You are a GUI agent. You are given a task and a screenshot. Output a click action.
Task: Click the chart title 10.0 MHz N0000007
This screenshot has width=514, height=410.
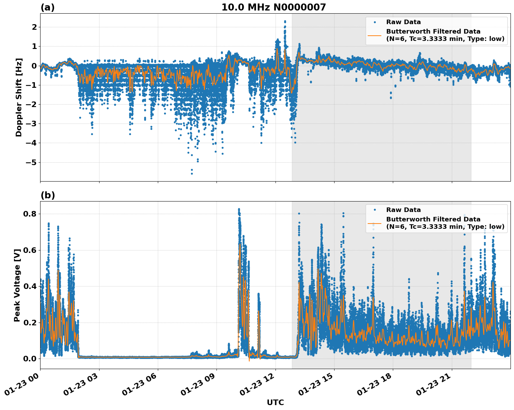click(273, 7)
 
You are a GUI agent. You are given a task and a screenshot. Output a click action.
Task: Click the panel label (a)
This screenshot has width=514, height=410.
click(47, 7)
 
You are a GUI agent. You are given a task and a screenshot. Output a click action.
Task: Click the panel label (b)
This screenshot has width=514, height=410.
click(47, 195)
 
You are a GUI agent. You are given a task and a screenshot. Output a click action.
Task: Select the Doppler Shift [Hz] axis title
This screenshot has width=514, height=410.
click(19, 97)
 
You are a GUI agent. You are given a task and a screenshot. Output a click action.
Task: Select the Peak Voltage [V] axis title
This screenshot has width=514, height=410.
click(17, 285)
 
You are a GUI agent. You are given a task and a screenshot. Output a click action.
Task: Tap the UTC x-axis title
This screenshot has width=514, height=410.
click(275, 402)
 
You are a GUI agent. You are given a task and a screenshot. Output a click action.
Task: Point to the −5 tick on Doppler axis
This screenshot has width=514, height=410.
click(32, 162)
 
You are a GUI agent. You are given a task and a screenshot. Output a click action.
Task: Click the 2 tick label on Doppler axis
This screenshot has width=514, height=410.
click(34, 27)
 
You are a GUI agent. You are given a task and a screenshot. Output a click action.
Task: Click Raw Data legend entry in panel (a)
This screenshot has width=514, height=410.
click(403, 22)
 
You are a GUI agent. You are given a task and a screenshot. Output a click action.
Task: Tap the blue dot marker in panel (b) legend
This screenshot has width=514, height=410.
click(375, 210)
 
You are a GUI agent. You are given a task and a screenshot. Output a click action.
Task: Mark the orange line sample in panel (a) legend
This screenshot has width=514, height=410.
click(375, 35)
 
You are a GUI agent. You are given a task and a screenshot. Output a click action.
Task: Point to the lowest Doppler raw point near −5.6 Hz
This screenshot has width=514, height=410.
click(192, 174)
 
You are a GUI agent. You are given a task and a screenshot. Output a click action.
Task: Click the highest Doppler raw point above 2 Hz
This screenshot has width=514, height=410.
click(285, 21)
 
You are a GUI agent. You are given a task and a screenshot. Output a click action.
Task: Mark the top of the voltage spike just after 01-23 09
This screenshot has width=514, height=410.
click(239, 209)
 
